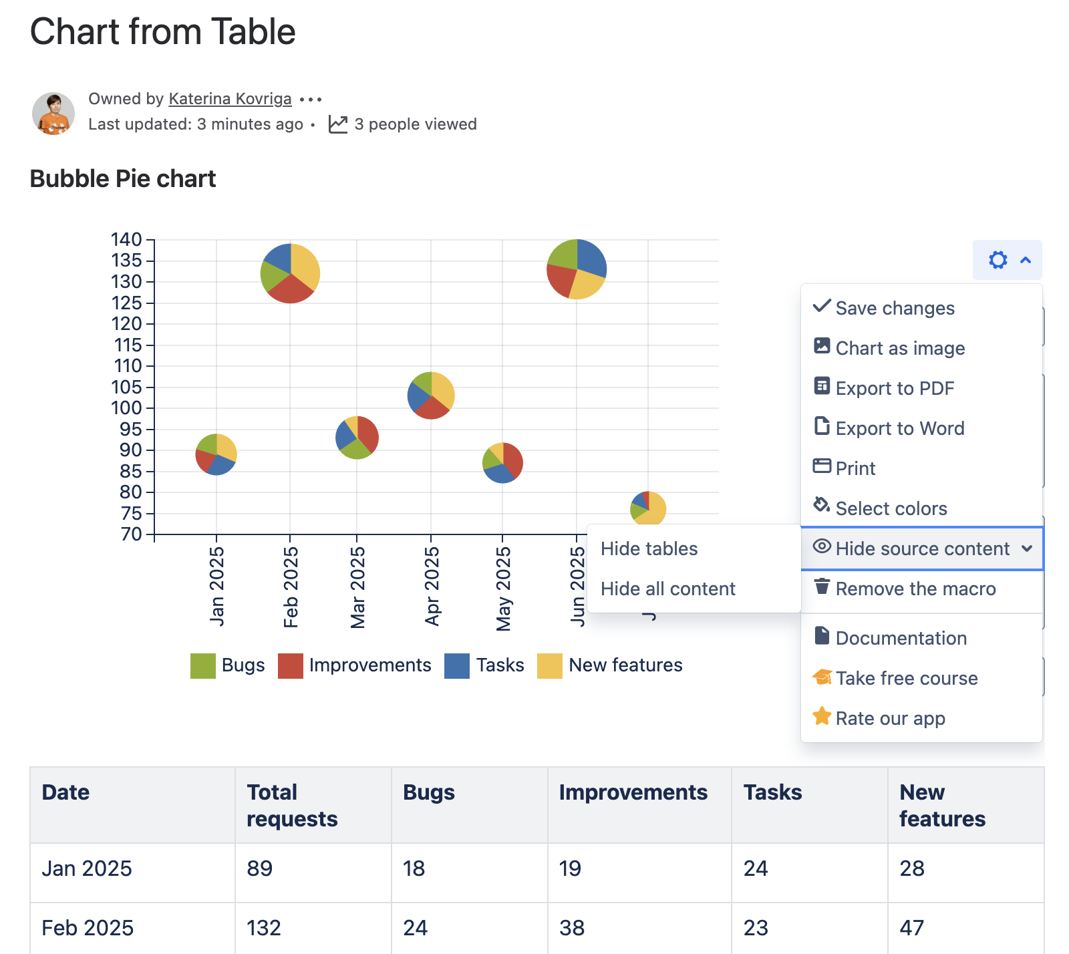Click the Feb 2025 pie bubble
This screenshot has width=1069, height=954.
290,273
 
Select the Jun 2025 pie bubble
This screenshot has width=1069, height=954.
577,269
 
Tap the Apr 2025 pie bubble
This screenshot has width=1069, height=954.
431,395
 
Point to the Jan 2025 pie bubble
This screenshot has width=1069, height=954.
216,454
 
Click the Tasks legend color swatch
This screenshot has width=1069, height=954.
457,666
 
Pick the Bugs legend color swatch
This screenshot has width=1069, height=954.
203,666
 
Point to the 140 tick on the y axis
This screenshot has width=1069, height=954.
126,239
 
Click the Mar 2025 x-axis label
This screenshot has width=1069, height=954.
357,587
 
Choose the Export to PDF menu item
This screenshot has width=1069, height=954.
895,388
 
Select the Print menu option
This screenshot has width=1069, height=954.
855,468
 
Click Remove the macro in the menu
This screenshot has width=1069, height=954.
915,589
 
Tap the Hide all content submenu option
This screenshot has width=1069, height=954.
667,589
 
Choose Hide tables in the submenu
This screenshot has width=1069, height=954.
649,548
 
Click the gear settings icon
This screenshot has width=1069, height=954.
998,260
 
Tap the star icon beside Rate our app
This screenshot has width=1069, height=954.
822,717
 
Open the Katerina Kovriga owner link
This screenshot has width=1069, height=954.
230,99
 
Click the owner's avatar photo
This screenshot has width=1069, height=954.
53,114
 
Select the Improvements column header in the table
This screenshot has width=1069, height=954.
633,792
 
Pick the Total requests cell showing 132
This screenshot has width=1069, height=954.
264,928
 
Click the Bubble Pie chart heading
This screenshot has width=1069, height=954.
123,179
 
